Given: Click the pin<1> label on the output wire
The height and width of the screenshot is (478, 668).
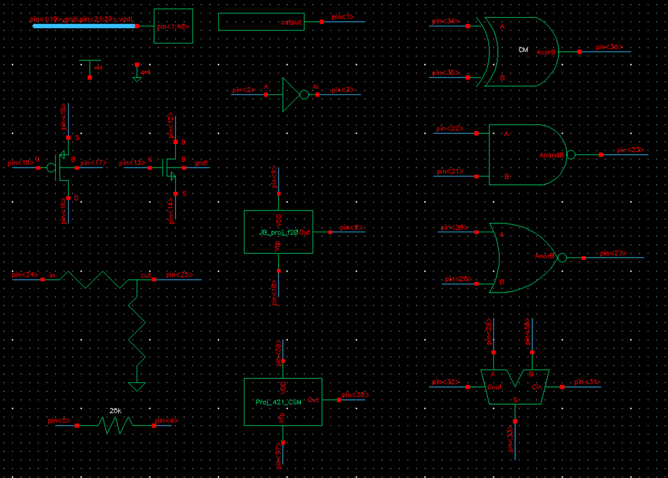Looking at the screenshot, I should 342,16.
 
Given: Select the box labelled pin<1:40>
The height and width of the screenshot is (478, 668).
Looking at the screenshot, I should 173,26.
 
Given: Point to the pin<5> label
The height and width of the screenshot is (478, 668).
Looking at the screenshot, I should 60,421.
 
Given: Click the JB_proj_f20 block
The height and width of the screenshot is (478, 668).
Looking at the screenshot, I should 279,232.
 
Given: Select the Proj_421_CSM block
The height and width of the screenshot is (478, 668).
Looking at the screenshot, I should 283,402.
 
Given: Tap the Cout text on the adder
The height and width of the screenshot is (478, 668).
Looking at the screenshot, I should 495,387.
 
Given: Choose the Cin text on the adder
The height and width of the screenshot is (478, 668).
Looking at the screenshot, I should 537,387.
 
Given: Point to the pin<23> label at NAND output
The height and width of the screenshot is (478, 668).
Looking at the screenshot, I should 630,150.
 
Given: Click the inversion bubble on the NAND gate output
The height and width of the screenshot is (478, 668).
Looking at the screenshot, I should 571,155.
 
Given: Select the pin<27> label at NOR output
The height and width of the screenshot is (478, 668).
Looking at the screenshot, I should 612,253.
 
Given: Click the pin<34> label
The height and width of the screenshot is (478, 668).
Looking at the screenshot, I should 446,22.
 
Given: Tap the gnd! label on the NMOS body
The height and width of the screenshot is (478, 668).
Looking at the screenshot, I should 201,164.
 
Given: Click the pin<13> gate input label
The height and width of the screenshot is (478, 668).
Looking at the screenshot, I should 132,164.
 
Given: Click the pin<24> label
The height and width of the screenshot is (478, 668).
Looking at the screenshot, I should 25,275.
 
